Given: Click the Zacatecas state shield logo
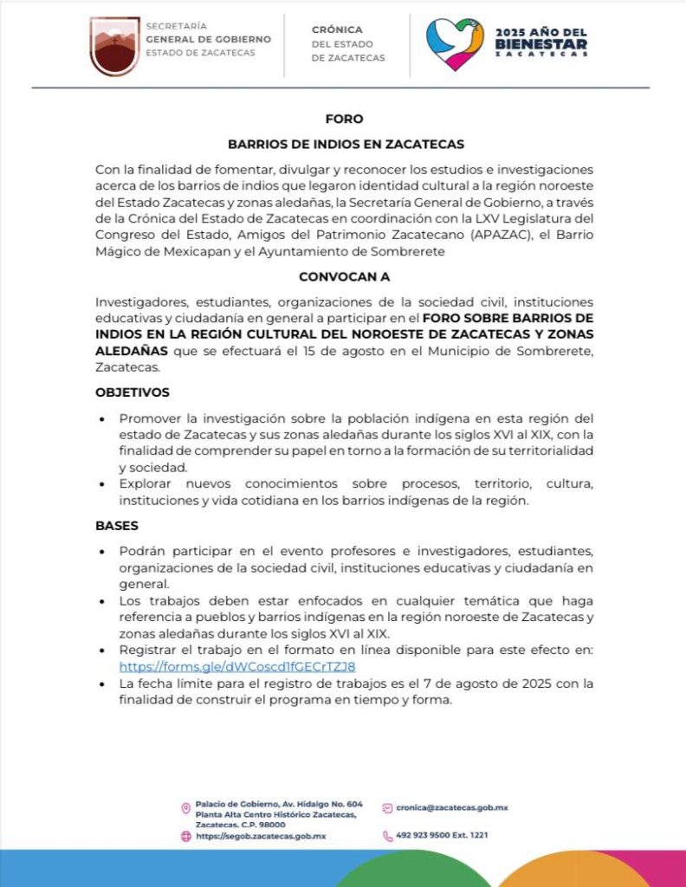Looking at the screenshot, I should pyautogui.click(x=114, y=46).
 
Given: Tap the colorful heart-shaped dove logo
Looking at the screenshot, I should pyautogui.click(x=455, y=43).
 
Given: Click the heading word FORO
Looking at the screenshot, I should pyautogui.click(x=344, y=120).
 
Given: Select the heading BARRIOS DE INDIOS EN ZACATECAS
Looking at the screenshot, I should pyautogui.click(x=346, y=144).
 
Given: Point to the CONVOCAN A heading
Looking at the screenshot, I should pyautogui.click(x=344, y=277).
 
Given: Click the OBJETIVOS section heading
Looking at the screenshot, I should pyautogui.click(x=133, y=392).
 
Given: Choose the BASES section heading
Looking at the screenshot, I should pyautogui.click(x=117, y=526).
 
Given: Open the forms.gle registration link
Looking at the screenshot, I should pyautogui.click(x=237, y=667).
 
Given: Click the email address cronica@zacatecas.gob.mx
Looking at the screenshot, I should pyautogui.click(x=452, y=807).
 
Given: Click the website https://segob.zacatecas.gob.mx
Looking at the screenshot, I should pyautogui.click(x=260, y=836).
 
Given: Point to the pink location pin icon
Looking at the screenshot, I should pyautogui.click(x=185, y=808).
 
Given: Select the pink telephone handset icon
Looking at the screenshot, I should pyautogui.click(x=387, y=836).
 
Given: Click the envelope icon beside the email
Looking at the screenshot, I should pyautogui.click(x=387, y=807).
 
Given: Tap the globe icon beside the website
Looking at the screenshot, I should pyautogui.click(x=185, y=836).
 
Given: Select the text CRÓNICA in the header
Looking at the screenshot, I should pyautogui.click(x=337, y=29).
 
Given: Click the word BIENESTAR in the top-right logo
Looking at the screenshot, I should pyautogui.click(x=541, y=43).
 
